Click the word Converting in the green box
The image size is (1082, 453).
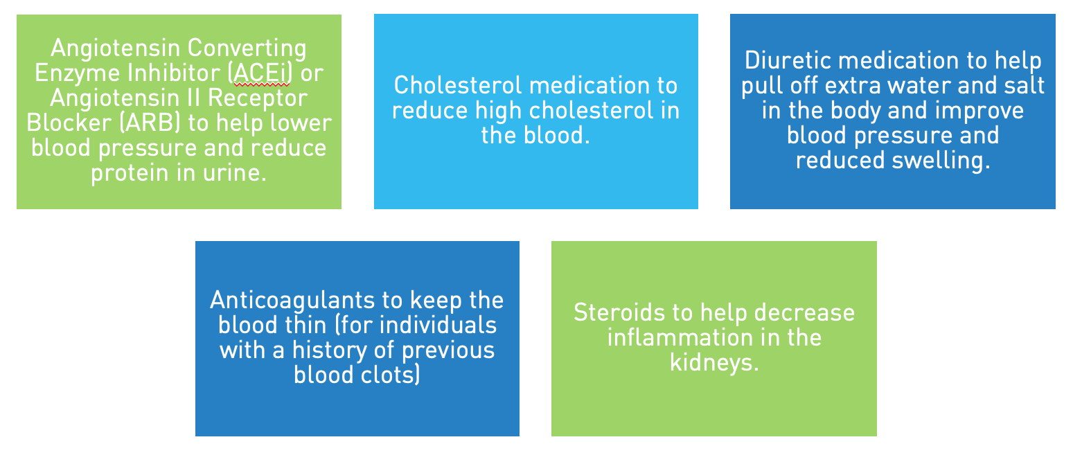point(247,48)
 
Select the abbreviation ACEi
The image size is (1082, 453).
point(261,73)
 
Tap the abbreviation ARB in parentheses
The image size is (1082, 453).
point(150,123)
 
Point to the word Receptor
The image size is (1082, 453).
point(258,98)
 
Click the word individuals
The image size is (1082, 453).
point(438,325)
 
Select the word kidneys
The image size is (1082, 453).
point(714,363)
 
